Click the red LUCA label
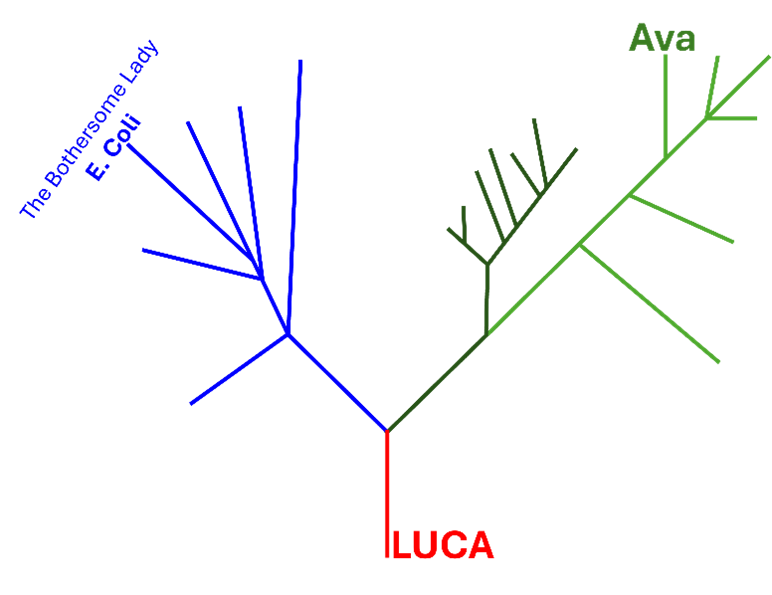[443, 545]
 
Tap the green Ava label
[662, 38]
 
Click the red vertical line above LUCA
[387, 494]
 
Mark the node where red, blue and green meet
[387, 431]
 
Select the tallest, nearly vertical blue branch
[294, 197]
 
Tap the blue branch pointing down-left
[239, 369]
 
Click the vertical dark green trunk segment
[487, 299]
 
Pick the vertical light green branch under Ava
[666, 106]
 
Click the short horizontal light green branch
[732, 118]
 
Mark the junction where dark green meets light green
[486, 335]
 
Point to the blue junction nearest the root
[289, 334]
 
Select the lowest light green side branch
[650, 303]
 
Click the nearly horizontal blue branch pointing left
[202, 265]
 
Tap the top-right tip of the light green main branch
[769, 57]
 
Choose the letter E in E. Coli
[95, 170]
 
